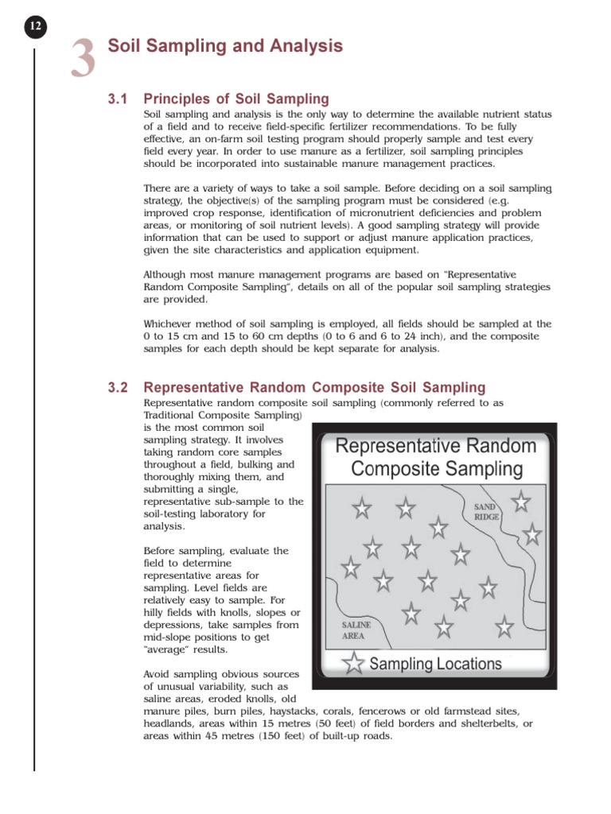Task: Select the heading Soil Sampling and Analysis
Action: [x=225, y=46]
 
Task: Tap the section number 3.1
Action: [x=118, y=99]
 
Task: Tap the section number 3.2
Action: [x=118, y=388]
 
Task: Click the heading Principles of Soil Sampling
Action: [x=235, y=99]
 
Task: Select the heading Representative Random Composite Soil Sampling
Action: [x=314, y=388]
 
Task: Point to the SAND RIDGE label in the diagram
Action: [x=487, y=511]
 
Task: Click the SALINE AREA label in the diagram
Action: [x=356, y=630]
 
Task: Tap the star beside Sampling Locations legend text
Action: [x=354, y=663]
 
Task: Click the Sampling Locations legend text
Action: [x=436, y=663]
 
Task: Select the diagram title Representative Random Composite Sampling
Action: [x=436, y=457]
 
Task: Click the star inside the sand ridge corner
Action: [x=521, y=501]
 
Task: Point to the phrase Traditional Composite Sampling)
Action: [x=223, y=415]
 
